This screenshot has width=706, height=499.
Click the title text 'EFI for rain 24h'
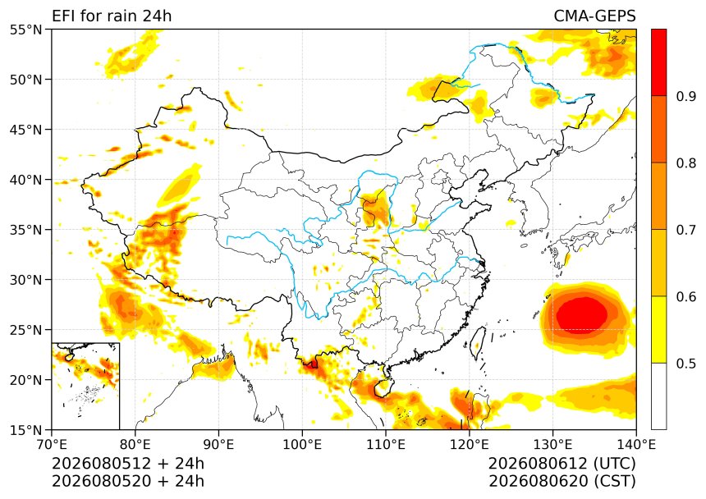[x=112, y=16]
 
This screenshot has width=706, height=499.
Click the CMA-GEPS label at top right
[x=594, y=16]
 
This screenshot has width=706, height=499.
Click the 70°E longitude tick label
[x=52, y=445]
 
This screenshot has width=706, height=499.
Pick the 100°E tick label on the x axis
[x=302, y=445]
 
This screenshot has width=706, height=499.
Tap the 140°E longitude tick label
[x=636, y=445]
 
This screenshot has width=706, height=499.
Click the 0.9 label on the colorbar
[x=686, y=96]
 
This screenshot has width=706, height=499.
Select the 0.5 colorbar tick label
[x=686, y=364]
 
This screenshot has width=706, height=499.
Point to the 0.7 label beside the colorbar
[x=686, y=230]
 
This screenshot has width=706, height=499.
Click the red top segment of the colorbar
[x=658, y=62]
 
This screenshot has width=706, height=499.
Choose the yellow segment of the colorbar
[x=658, y=329]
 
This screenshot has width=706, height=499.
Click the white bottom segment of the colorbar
[x=658, y=396]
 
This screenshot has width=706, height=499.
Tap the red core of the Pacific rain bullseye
[x=582, y=315]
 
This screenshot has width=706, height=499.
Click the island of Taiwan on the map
[x=478, y=343]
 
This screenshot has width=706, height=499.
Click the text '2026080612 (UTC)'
[x=562, y=464]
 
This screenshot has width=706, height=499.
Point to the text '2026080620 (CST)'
[x=562, y=481]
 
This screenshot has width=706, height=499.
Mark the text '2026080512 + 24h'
[x=128, y=464]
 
